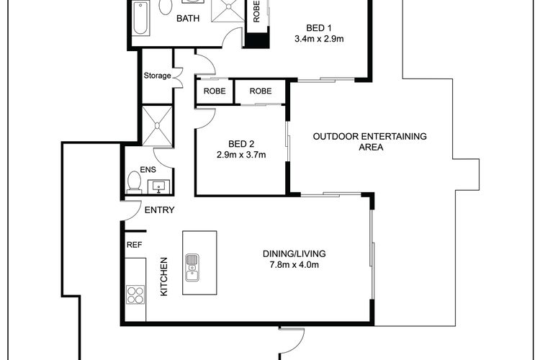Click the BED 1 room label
point(319,28)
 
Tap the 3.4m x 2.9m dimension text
point(319,39)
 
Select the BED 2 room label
point(241,144)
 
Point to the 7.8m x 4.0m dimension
point(294,264)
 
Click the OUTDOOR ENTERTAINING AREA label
point(370,142)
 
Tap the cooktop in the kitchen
point(135,294)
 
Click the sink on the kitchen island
point(192,268)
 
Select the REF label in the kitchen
point(135,245)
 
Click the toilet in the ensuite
point(134,182)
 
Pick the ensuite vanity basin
point(159,186)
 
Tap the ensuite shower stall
point(157,126)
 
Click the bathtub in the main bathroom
point(140,18)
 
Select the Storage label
point(157,76)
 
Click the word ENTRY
point(159,210)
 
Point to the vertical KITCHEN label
point(164,276)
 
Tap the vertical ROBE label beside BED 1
point(256,12)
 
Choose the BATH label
point(188,18)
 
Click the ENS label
point(148,169)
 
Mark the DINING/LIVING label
point(294,254)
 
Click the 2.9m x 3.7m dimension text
point(241,155)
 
